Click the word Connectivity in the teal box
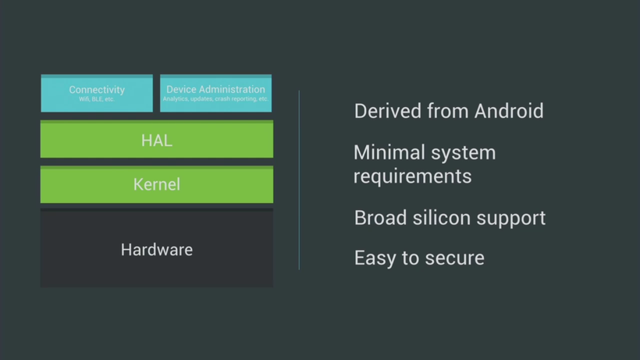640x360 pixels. (x=97, y=90)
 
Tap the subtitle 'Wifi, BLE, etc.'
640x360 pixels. (x=97, y=99)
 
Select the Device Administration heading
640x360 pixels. (x=215, y=89)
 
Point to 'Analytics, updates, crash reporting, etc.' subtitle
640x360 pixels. (x=215, y=98)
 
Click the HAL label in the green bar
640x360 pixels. (x=157, y=141)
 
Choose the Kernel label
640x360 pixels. (x=157, y=184)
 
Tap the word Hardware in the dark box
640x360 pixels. (x=157, y=250)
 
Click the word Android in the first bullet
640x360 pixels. (x=509, y=111)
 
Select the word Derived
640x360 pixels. (x=388, y=111)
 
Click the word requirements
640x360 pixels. (x=413, y=176)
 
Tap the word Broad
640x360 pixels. (x=380, y=218)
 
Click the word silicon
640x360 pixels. (x=442, y=218)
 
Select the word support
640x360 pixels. (x=511, y=219)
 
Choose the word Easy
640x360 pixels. (x=375, y=258)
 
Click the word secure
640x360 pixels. (x=454, y=258)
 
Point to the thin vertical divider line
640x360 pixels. (x=299, y=180)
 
